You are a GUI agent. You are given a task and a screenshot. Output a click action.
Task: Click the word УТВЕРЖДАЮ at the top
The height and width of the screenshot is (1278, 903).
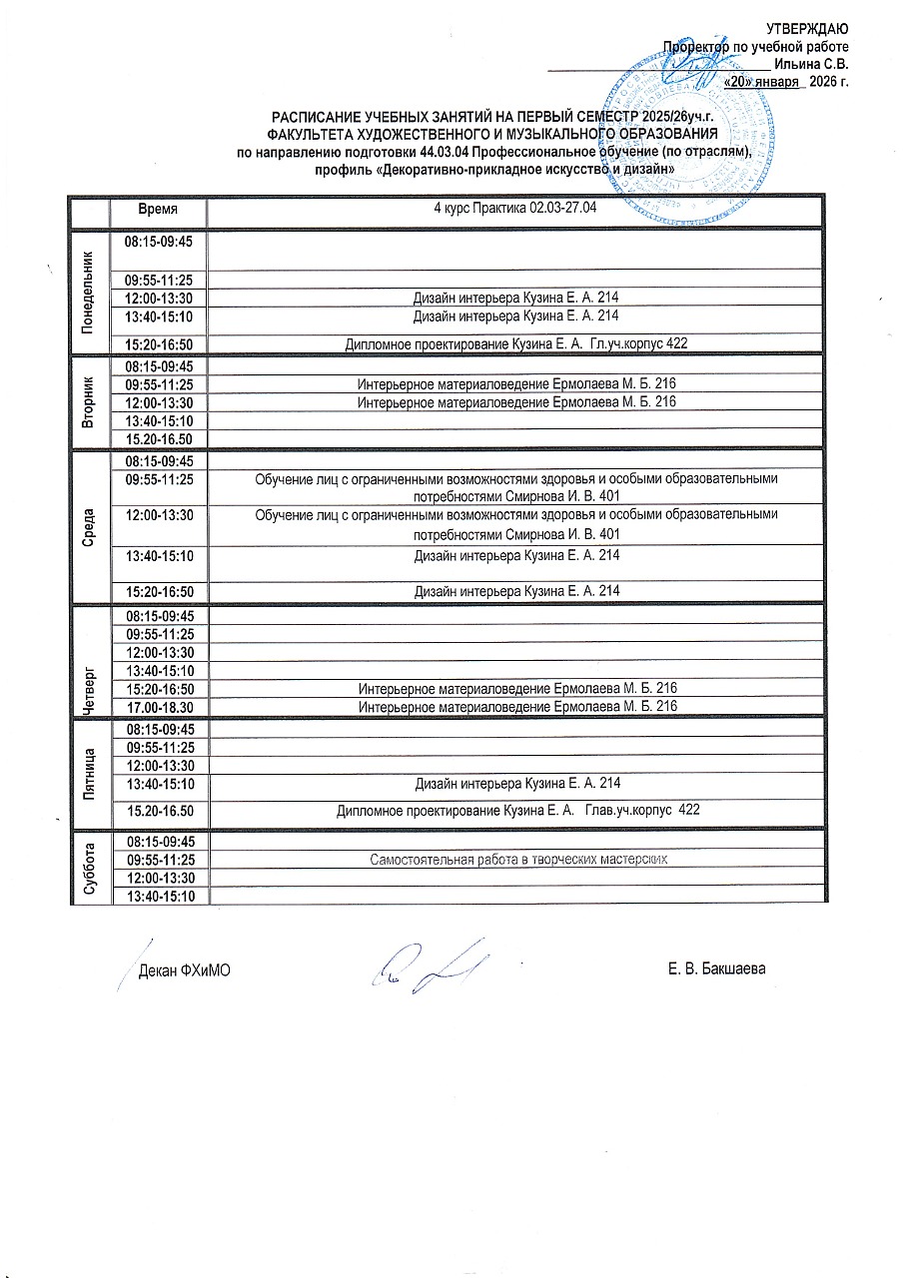pyautogui.click(x=807, y=29)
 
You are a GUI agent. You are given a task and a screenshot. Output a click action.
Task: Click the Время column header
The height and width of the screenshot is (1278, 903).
pyautogui.click(x=158, y=211)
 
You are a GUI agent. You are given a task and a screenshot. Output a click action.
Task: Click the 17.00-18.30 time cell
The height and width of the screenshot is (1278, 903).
pyautogui.click(x=158, y=706)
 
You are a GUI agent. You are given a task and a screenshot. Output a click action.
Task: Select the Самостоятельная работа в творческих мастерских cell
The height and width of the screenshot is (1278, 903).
pyautogui.click(x=517, y=859)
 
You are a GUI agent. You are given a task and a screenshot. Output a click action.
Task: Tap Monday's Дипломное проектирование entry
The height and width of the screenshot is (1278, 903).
pyautogui.click(x=516, y=343)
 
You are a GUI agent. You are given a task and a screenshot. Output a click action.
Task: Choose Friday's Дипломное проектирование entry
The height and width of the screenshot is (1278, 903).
pyautogui.click(x=517, y=810)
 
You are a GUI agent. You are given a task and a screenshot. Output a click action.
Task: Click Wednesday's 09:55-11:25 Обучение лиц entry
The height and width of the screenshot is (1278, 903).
pyautogui.click(x=515, y=486)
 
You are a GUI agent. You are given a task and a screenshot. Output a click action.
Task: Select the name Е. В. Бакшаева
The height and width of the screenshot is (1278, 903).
pyautogui.click(x=717, y=969)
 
